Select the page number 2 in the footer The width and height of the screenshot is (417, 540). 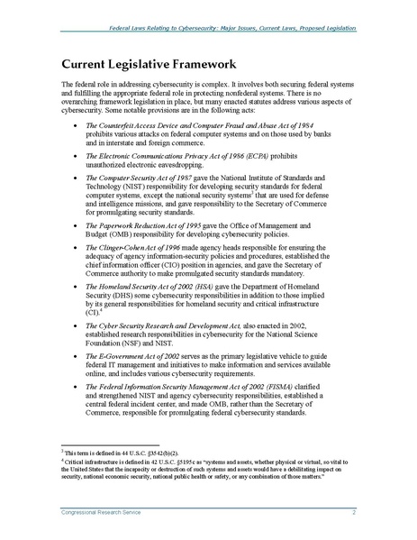coord(354,513)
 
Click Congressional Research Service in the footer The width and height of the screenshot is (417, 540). coord(100,513)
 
